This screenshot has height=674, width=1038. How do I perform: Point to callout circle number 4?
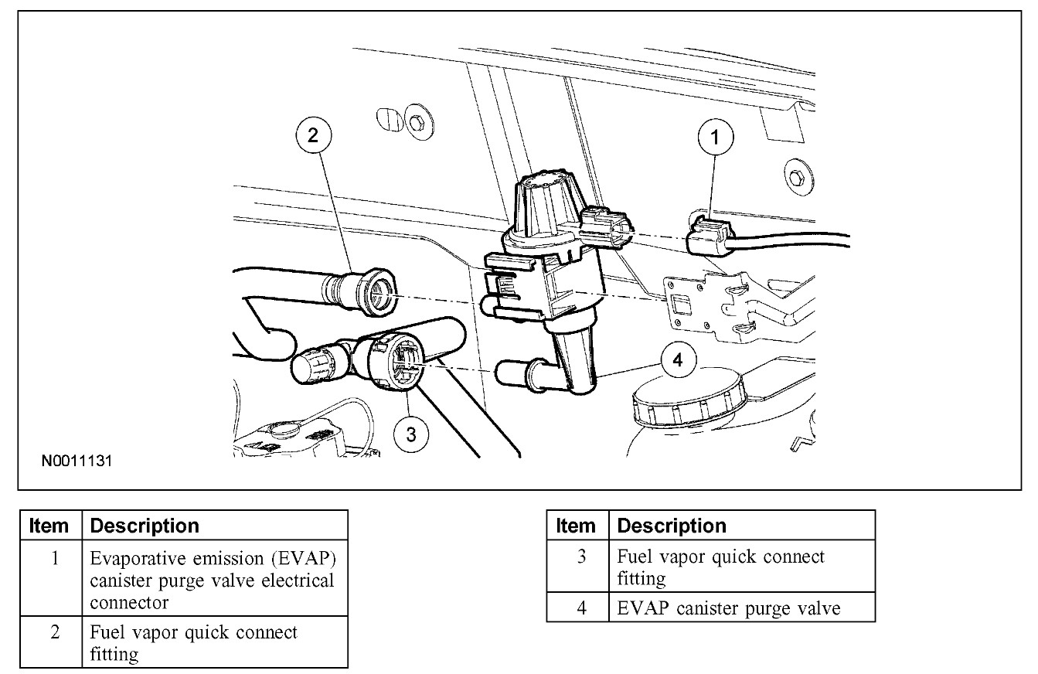pos(678,361)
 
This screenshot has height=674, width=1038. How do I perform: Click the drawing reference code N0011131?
pos(77,462)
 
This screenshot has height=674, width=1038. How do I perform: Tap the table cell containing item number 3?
pos(583,567)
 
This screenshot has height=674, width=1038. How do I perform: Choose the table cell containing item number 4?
pos(583,608)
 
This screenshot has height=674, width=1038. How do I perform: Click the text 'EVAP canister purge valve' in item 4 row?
pos(729,608)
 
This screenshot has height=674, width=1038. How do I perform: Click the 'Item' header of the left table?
pos(49,526)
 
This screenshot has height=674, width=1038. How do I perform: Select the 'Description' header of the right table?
pos(672,526)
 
